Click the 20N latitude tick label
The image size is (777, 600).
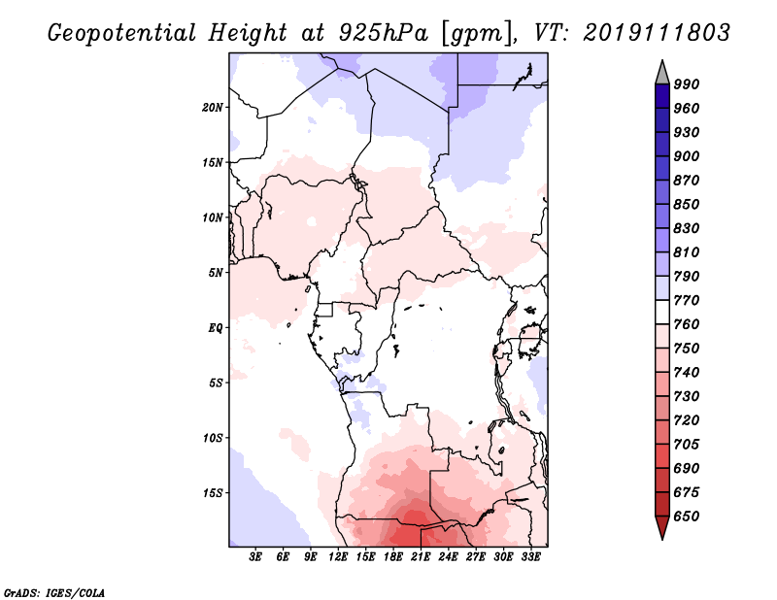pyautogui.click(x=212, y=108)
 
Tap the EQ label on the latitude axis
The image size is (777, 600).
pyautogui.click(x=215, y=328)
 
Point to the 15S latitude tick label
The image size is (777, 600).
pyautogui.click(x=212, y=493)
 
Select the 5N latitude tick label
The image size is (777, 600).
pyautogui.click(x=216, y=273)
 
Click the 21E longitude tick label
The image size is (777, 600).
pyautogui.click(x=421, y=557)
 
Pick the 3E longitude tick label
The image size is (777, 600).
pyautogui.click(x=255, y=557)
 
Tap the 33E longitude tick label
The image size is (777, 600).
pyautogui.click(x=530, y=557)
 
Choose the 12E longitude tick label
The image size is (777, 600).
pyautogui.click(x=337, y=557)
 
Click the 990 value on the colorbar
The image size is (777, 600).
pyautogui.click(x=687, y=84)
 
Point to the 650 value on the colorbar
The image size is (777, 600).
pyautogui.click(x=687, y=517)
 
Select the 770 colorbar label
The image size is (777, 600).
pyautogui.click(x=687, y=300)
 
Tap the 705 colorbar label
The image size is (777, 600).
pyautogui.click(x=687, y=445)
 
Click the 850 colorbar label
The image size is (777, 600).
pyautogui.click(x=687, y=204)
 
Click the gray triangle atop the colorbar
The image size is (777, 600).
pyautogui.click(x=662, y=73)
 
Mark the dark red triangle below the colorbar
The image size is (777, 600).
pyautogui.click(x=662, y=527)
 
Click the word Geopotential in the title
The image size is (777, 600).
pyautogui.click(x=122, y=34)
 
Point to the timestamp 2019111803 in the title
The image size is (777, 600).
pyautogui.click(x=657, y=33)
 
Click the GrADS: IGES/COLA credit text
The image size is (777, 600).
pyautogui.click(x=54, y=593)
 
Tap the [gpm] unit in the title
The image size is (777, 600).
pyautogui.click(x=479, y=34)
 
